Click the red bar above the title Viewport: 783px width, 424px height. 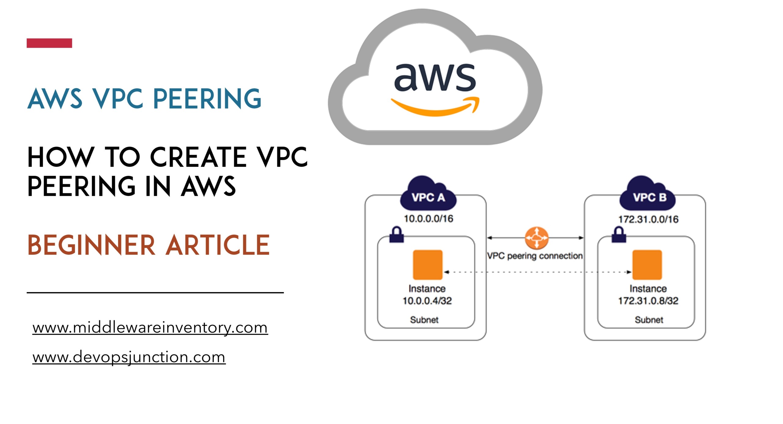pyautogui.click(x=49, y=43)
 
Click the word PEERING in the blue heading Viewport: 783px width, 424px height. pyautogui.click(x=207, y=99)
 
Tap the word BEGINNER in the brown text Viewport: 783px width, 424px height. pyautogui.click(x=91, y=245)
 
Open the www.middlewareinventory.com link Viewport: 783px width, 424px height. pyautogui.click(x=150, y=328)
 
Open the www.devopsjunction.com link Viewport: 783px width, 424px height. pyautogui.click(x=129, y=357)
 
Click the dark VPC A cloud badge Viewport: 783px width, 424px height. pyautogui.click(x=428, y=193)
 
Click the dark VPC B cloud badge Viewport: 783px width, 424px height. pyautogui.click(x=648, y=193)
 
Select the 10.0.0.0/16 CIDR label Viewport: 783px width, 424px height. pyautogui.click(x=428, y=219)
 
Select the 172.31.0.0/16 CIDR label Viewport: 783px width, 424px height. pyautogui.click(x=648, y=219)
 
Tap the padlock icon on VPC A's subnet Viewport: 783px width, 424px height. pyautogui.click(x=396, y=235)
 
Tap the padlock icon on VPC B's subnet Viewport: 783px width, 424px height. pyautogui.click(x=619, y=235)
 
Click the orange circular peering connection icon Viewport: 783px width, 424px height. pyautogui.click(x=536, y=238)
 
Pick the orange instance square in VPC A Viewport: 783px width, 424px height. pyautogui.click(x=428, y=265)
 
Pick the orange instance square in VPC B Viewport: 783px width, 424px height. pyautogui.click(x=647, y=265)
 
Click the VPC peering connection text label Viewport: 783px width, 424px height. pyautogui.click(x=535, y=256)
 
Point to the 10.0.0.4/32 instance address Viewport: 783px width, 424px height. pyautogui.click(x=427, y=301)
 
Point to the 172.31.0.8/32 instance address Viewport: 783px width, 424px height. pyautogui.click(x=648, y=301)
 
